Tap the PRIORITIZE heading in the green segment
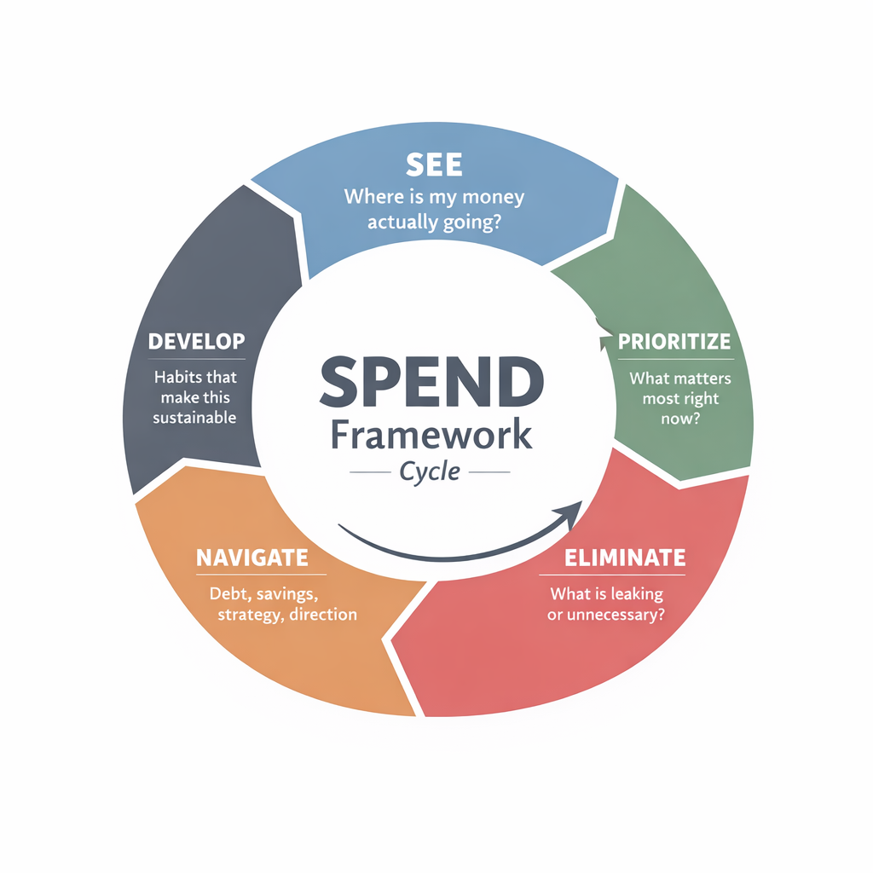[x=674, y=342]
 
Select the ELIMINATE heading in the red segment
[x=625, y=558]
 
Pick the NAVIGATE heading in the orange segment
[x=251, y=558]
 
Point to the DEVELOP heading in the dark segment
[x=196, y=342]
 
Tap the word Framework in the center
[x=431, y=435]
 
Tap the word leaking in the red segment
[x=633, y=593]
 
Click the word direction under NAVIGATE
[x=323, y=614]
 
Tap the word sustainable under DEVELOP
[x=194, y=418]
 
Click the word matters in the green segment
[x=698, y=377]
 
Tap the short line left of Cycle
[x=368, y=472]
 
